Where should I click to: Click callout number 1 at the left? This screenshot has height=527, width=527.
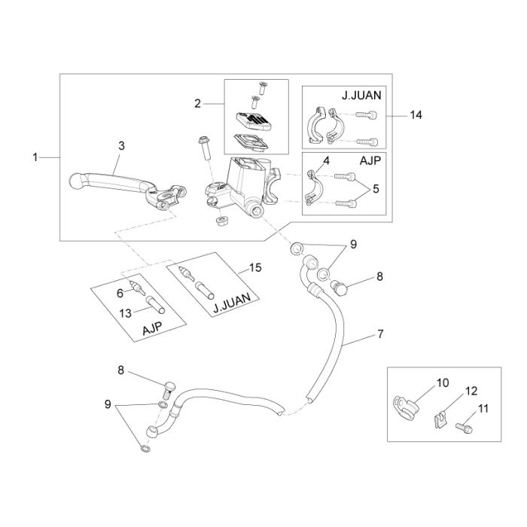pos(35,157)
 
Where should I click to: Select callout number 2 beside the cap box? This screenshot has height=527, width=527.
pos(197,104)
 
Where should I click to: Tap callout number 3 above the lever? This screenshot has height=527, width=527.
pos(121,146)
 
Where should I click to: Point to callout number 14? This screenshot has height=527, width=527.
pos(416,115)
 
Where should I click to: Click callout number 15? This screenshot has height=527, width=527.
pos(255,267)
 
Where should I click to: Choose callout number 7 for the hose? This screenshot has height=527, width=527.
pos(380,334)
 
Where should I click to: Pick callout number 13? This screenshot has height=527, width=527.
pos(126,313)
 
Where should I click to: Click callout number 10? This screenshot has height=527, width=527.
pos(443,382)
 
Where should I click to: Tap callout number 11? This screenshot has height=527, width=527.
pos(483,409)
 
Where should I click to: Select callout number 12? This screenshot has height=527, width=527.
pos(471,391)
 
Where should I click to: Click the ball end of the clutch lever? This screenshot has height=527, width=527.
pos(76,181)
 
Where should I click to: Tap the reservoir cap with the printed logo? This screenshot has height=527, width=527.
pos(254,121)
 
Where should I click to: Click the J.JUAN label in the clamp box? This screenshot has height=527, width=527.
pos(361,96)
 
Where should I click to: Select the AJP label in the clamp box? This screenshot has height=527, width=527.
pos(370,160)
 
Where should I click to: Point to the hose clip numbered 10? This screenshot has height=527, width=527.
pos(405,408)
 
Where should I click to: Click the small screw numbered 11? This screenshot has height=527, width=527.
pos(465,428)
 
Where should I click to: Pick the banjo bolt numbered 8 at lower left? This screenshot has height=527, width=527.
pos(170,391)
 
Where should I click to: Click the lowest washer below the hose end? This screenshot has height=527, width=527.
pos(145,448)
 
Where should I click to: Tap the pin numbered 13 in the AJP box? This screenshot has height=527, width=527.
pos(155,304)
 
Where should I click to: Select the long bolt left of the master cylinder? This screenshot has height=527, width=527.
pos(205,148)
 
